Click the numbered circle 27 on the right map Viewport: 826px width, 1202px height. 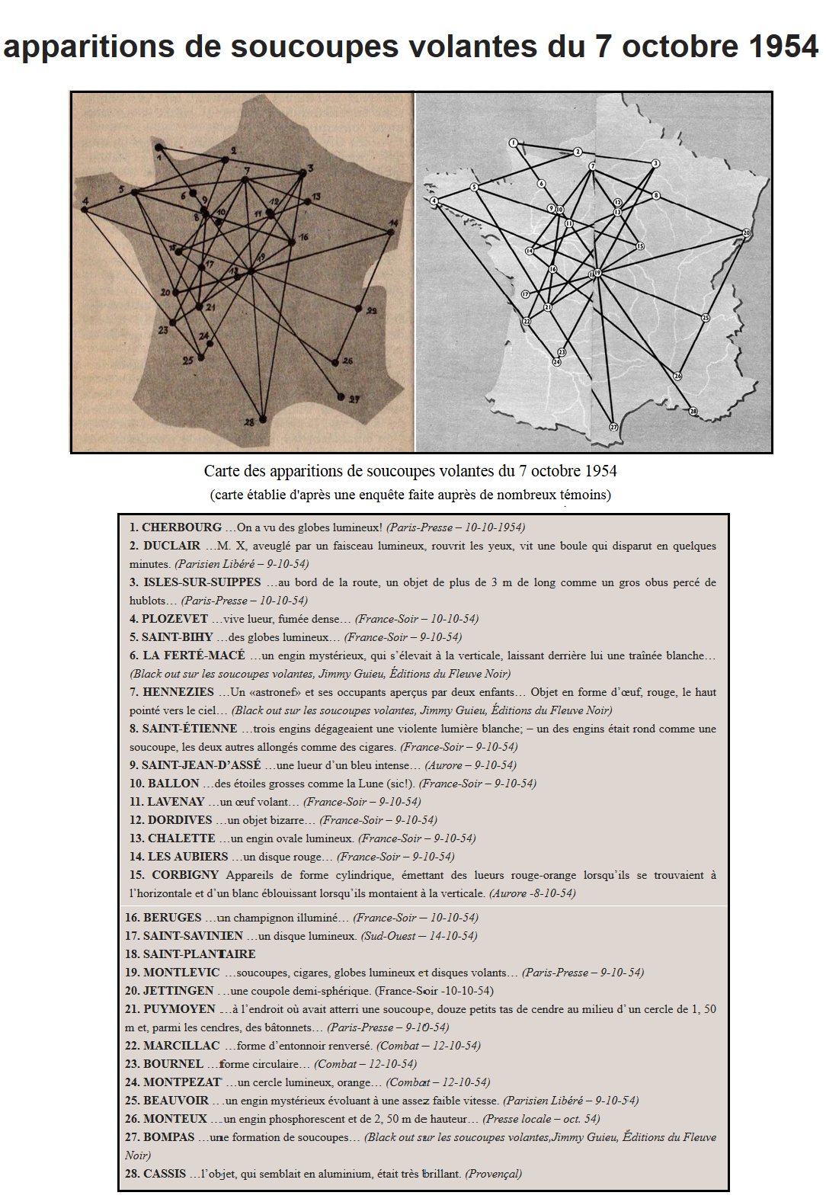(x=613, y=427)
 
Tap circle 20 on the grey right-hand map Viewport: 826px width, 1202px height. (x=746, y=232)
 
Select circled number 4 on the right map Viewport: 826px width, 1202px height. (x=434, y=201)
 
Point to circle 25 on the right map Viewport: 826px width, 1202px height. (x=706, y=318)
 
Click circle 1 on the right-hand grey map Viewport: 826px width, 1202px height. (x=514, y=143)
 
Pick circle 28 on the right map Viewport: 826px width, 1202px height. (x=693, y=412)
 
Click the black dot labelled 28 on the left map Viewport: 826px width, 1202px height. (x=263, y=418)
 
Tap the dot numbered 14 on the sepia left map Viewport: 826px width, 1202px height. (x=391, y=232)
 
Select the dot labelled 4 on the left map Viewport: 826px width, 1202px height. (x=85, y=209)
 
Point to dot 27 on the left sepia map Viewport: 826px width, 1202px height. (x=341, y=396)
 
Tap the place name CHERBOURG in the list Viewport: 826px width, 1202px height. (x=181, y=527)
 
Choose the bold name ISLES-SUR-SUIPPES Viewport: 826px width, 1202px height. (x=202, y=582)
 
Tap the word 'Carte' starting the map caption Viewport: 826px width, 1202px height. (x=221, y=471)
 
